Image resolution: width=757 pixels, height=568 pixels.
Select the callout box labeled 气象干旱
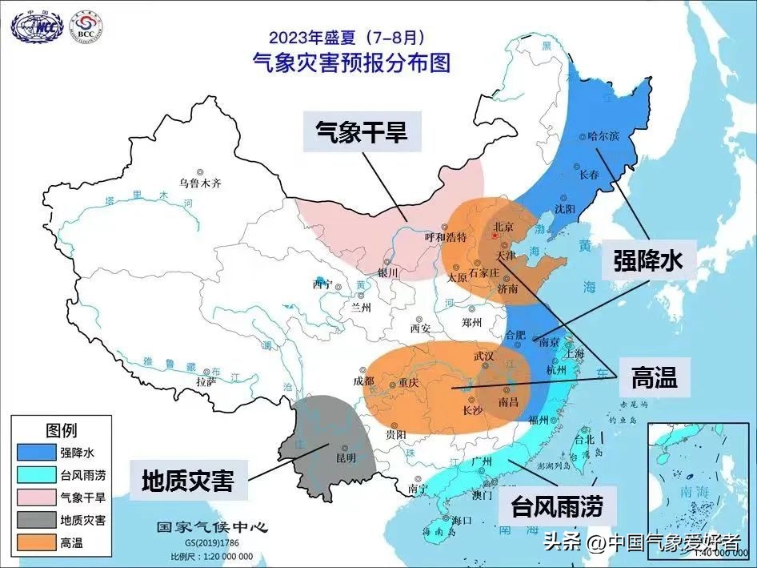tap(361, 131)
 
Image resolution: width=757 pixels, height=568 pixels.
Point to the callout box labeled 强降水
tap(647, 260)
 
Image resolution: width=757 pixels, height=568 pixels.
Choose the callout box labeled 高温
tap(654, 378)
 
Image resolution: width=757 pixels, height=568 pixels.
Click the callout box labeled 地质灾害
tap(188, 481)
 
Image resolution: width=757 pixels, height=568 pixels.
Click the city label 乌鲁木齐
tap(200, 183)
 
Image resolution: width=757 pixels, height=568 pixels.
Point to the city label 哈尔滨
tap(603, 136)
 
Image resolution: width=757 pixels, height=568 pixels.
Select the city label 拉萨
tap(206, 382)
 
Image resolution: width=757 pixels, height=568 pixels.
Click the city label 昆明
tap(346, 457)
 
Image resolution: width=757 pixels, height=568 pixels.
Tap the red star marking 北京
tap(495, 238)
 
